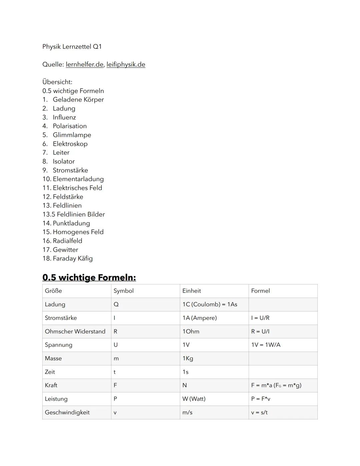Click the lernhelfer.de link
pos(84,64)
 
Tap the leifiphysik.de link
pos(126,64)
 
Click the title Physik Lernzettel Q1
pos(72,47)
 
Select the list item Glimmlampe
pos(72,135)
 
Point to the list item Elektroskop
pos(70,144)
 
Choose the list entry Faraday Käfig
pos(73,259)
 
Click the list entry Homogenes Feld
pos(78,232)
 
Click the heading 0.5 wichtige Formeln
pos(89,278)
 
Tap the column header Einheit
pos(192,291)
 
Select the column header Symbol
pos(123,291)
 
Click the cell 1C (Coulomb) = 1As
pos(210,305)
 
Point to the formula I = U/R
pos(260,318)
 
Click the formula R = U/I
pos(260,332)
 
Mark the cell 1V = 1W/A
pos(266,345)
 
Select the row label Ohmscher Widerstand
pos(75,332)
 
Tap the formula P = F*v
pos(261,399)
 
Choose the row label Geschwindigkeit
pos(67,413)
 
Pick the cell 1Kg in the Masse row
pos(188,359)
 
